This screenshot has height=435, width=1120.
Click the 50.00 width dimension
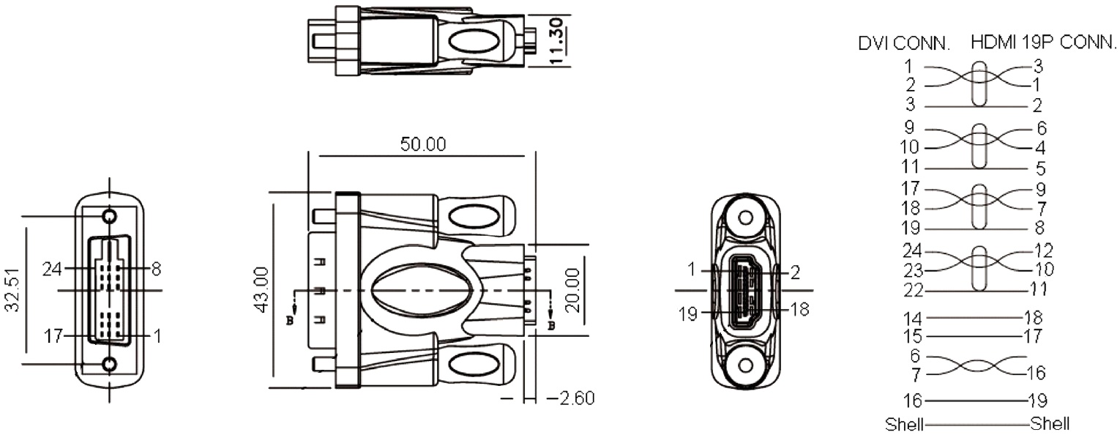pos(423,144)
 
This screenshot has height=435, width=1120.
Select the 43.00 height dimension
pos(262,290)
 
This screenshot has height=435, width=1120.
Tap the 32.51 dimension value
pos(12,290)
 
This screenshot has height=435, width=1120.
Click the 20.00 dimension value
pos(572,290)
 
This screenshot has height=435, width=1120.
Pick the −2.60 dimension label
pos(570,398)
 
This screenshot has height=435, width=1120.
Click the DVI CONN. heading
pos(903,43)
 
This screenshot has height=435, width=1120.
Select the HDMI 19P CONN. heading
pos(1043,42)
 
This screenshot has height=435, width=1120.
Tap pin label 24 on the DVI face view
pos(52,269)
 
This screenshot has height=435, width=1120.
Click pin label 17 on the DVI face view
pos(53,336)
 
